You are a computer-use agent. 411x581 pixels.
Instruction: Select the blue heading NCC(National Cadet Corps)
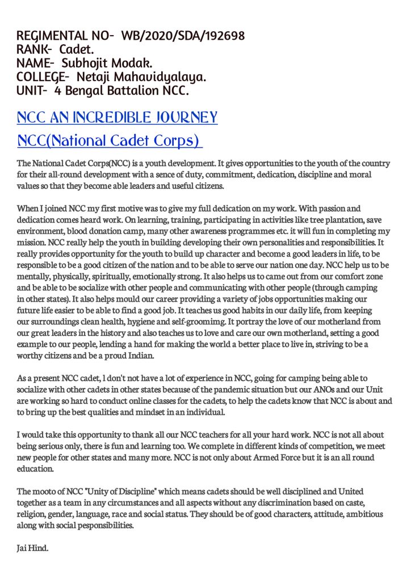[108, 140]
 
